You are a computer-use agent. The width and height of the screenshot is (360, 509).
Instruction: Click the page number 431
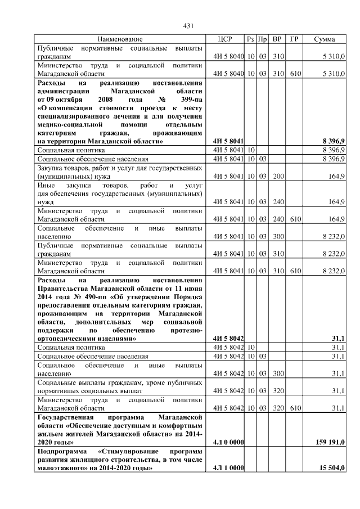[x=189, y=25]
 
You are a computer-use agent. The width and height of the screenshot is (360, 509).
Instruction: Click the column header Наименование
[x=120, y=39]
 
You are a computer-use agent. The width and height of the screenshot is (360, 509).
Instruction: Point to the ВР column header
[x=276, y=39]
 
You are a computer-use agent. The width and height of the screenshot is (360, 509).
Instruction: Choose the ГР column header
[x=294, y=39]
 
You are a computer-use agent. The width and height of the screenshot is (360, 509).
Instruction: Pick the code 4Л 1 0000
[x=228, y=469]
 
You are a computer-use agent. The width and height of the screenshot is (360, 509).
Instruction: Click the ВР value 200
[x=277, y=176]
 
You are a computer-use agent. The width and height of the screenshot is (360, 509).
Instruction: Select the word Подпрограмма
[x=61, y=451]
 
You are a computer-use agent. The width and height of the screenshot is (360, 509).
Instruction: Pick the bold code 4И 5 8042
[x=228, y=339]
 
